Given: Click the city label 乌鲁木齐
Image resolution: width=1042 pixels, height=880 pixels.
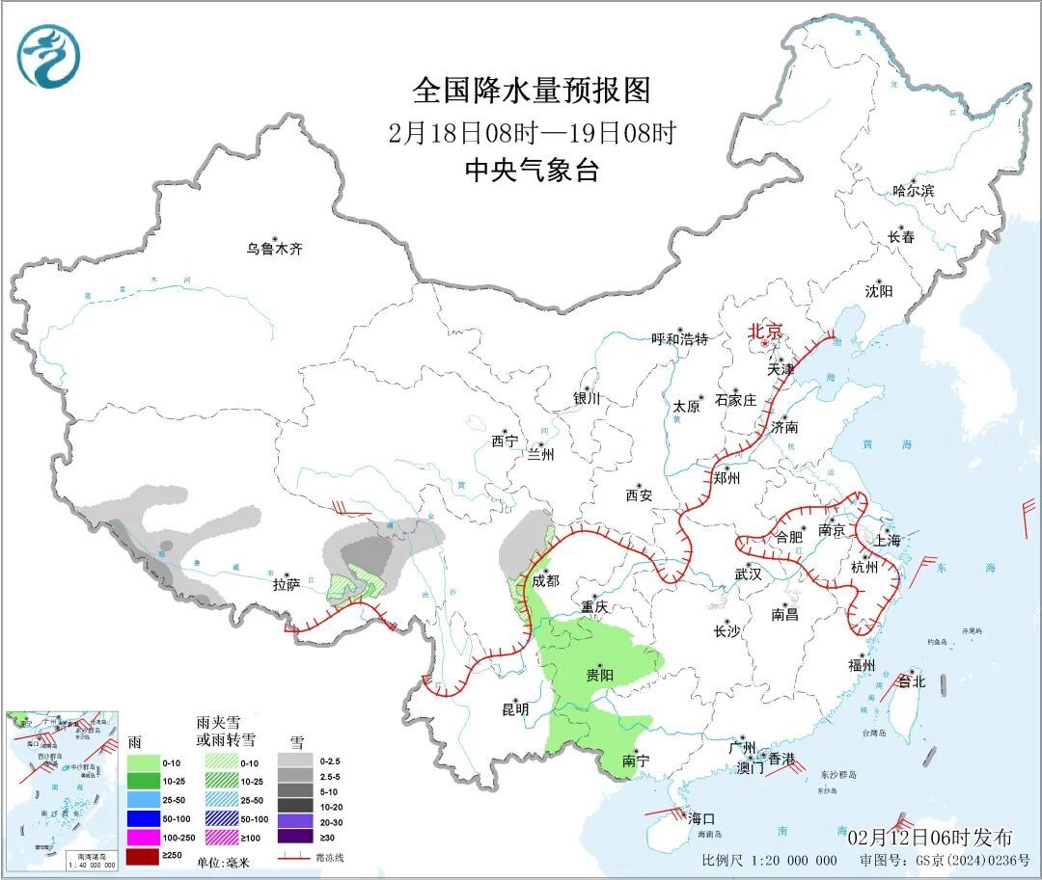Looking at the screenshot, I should click(x=274, y=249).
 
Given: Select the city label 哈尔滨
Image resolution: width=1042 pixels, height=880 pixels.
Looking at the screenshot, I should click(x=913, y=191).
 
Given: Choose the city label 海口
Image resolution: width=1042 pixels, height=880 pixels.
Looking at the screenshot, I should click(x=701, y=818).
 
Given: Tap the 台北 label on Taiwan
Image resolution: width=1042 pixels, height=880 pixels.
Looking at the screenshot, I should click(x=911, y=681).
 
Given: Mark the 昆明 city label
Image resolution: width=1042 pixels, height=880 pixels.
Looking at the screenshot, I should click(x=515, y=709).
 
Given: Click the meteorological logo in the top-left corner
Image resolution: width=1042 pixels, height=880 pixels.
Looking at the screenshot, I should click(x=47, y=55).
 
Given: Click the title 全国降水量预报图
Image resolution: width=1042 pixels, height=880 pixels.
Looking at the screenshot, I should click(x=532, y=91).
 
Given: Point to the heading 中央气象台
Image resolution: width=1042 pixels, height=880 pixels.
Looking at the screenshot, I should click(x=532, y=171).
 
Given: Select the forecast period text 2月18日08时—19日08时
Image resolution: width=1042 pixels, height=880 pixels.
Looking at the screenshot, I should click(x=532, y=132).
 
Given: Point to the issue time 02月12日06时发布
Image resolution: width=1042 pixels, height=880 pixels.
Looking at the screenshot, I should click(x=930, y=836).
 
